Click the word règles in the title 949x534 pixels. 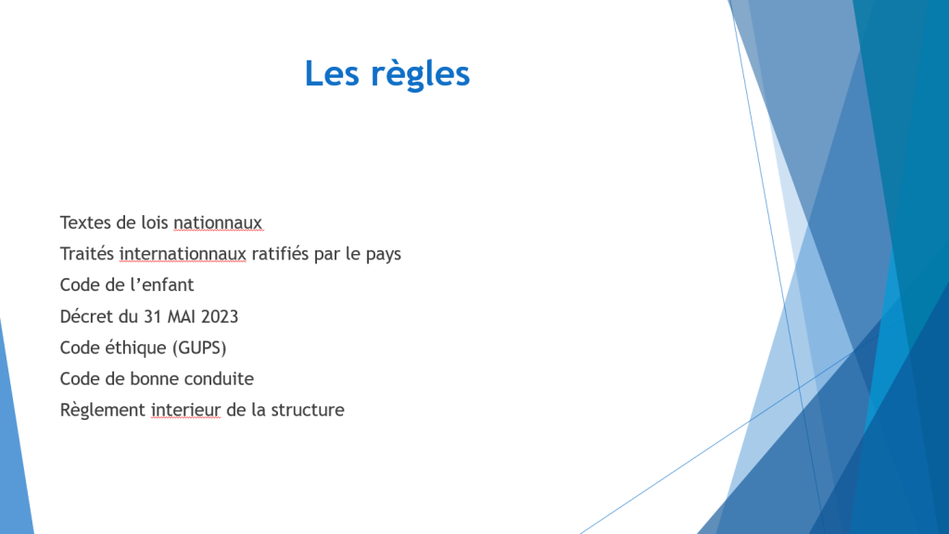[x=420, y=74]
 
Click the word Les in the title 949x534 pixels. [x=332, y=73]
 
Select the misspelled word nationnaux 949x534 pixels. [x=218, y=222]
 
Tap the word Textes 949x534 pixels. [x=85, y=222]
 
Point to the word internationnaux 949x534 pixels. [x=183, y=254]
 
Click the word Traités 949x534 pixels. [x=87, y=254]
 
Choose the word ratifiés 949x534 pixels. [x=280, y=254]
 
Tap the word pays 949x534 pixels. [x=384, y=255]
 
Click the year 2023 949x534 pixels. [x=220, y=317]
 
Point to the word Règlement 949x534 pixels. [x=103, y=411]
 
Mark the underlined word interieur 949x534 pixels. [x=185, y=410]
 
